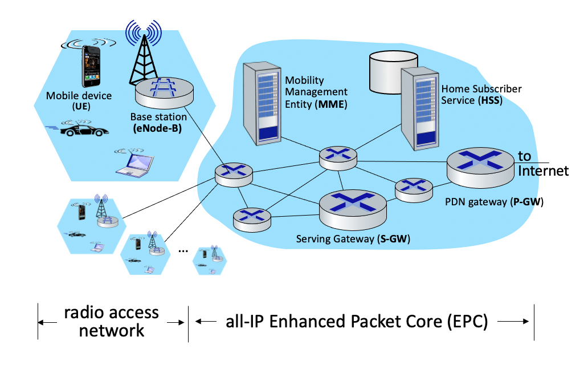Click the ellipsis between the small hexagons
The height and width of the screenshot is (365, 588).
pyautogui.click(x=183, y=250)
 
